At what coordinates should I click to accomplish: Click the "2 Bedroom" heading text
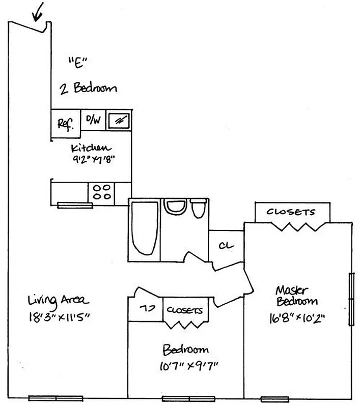[88, 88]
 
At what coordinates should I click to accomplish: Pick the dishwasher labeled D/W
[93, 121]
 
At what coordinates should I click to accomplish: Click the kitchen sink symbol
[120, 121]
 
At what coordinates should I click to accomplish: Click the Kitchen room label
[90, 149]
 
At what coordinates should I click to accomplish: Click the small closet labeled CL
[226, 245]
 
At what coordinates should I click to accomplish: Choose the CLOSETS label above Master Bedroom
[291, 212]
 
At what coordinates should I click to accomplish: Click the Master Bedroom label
[296, 296]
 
